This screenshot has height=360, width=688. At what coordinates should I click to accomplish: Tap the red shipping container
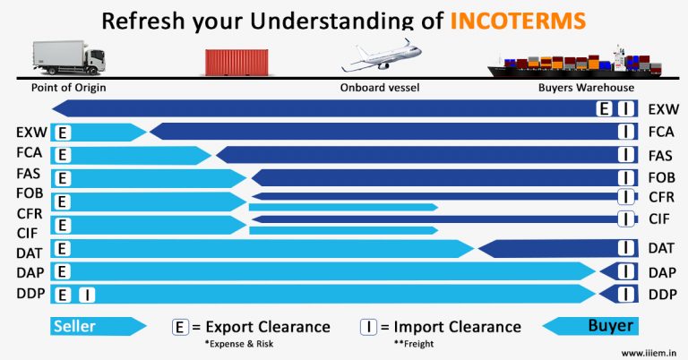tap(238, 61)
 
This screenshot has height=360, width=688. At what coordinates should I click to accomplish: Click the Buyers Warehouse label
tap(586, 88)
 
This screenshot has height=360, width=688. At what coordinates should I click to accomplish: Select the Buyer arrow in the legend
tap(592, 326)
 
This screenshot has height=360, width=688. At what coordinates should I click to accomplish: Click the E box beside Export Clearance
tap(180, 327)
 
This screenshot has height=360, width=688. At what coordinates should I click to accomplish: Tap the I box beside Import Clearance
tap(367, 327)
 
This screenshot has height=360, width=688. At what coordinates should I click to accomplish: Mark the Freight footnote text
tap(413, 344)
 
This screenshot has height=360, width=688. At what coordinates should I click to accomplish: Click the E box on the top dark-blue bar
tap(605, 109)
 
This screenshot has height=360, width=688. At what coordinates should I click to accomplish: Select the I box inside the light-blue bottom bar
tap(86, 294)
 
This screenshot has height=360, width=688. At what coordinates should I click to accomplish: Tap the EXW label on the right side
tap(663, 109)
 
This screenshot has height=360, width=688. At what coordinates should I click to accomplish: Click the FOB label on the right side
tap(663, 176)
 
